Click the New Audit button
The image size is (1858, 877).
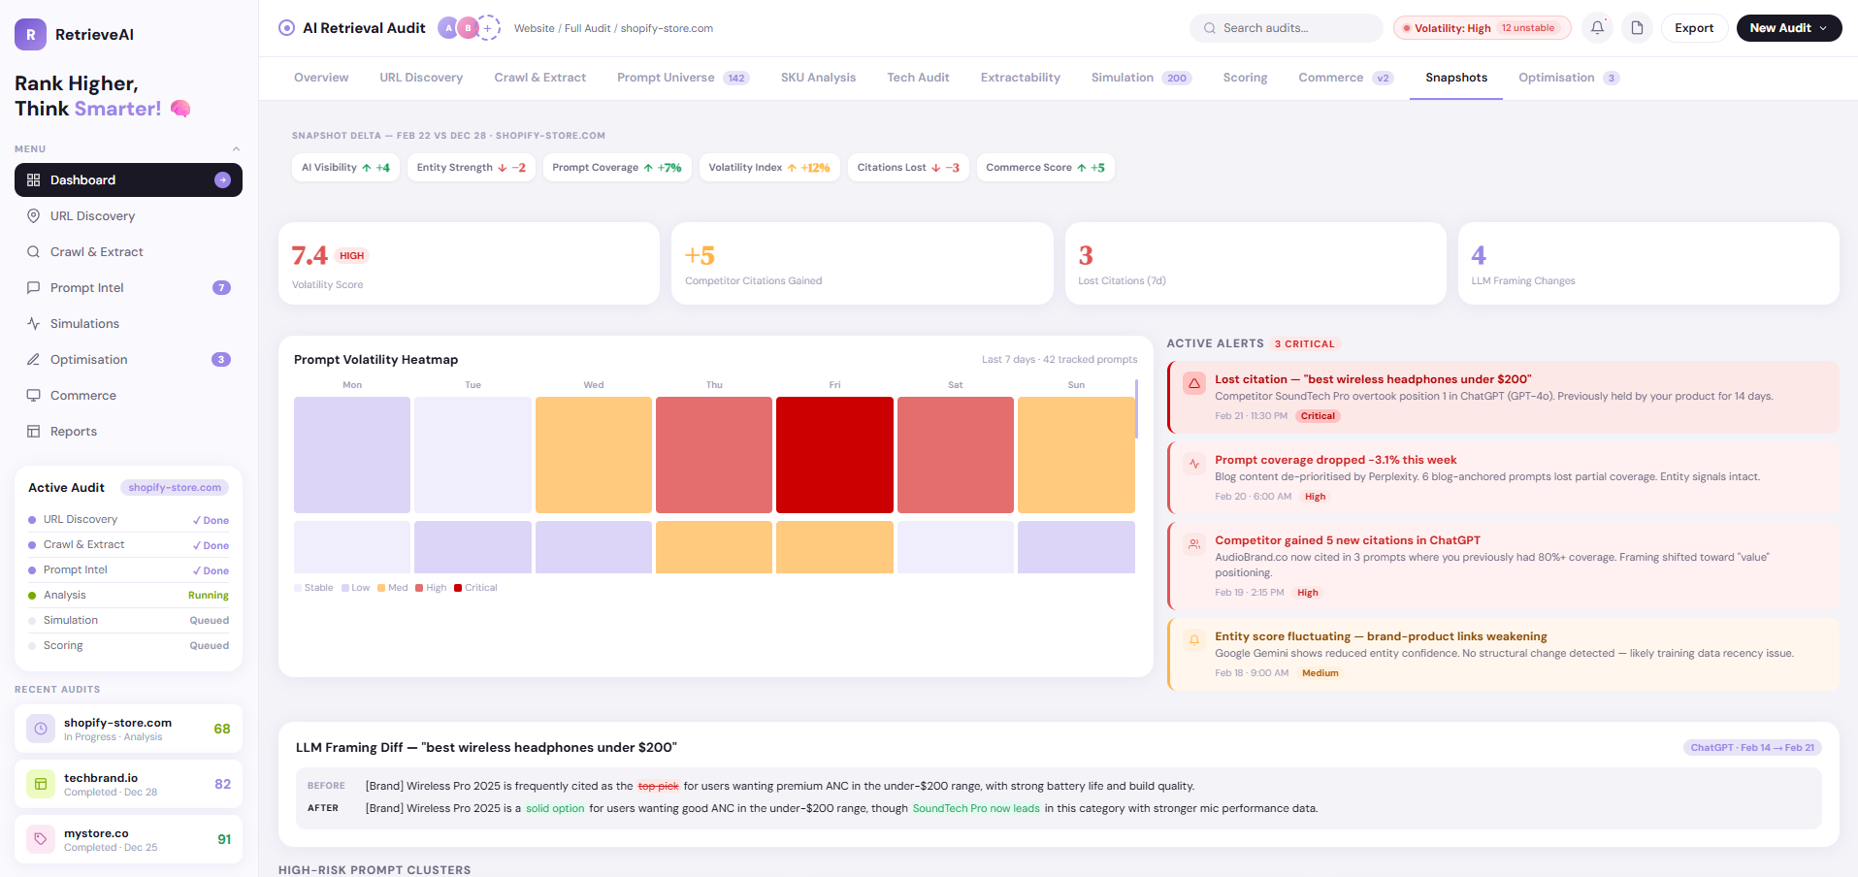pos(1788,28)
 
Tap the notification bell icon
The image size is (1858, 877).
pos(1597,28)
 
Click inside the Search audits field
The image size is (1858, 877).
pos(1290,28)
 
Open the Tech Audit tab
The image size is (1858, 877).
pos(918,78)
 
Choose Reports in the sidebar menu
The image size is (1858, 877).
pos(74,432)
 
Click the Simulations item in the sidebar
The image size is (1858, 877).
pos(84,324)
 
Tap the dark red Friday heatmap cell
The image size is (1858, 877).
pos(834,454)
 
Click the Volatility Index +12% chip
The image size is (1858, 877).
pos(768,168)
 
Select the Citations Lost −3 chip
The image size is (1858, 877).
pos(907,168)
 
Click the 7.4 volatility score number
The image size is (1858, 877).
pos(310,255)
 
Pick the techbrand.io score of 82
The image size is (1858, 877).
pos(222,784)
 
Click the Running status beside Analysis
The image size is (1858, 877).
pos(208,596)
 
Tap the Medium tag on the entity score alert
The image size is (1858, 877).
pos(1320,673)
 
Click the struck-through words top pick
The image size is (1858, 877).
pos(658,786)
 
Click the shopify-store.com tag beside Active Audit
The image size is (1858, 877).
pos(175,488)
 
